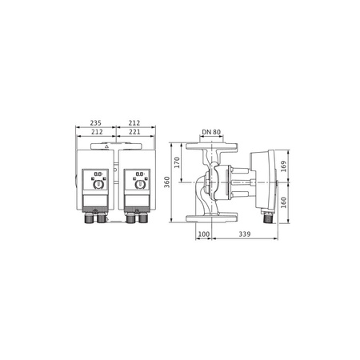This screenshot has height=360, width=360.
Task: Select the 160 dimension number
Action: pyautogui.click(x=285, y=202)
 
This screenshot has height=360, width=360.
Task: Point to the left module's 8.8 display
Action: pyautogui.click(x=98, y=174)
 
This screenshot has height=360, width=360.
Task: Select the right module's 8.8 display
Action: pyautogui.click(x=140, y=174)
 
